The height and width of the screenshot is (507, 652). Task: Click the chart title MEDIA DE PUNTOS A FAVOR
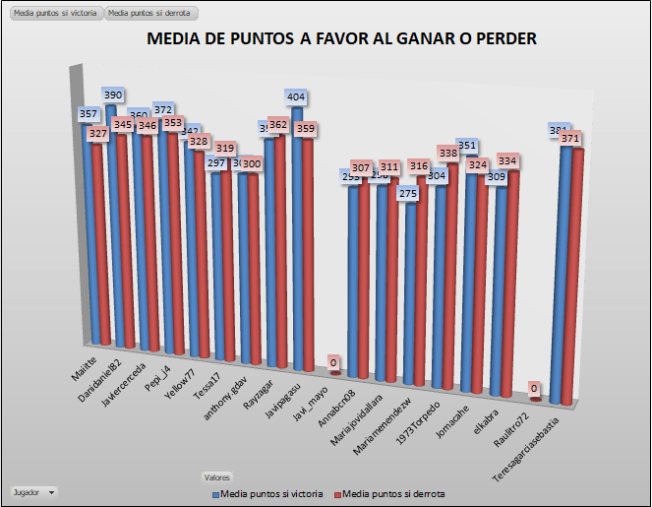click(x=341, y=39)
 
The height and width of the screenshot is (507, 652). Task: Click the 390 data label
click(x=114, y=95)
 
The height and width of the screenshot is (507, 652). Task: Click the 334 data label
click(x=506, y=160)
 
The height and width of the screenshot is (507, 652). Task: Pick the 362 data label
click(x=278, y=125)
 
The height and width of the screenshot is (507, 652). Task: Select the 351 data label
click(x=468, y=146)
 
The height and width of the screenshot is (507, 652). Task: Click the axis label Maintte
click(x=85, y=366)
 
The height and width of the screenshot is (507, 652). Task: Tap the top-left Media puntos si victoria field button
click(x=54, y=14)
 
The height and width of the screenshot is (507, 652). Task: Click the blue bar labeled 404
click(x=299, y=236)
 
